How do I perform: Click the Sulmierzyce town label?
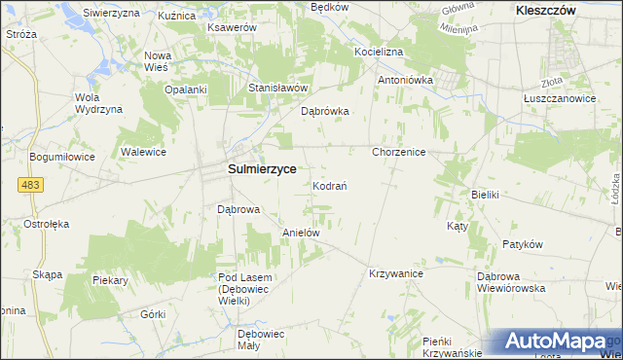[262, 168]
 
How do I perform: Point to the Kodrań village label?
[331, 186]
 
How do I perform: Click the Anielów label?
[301, 234]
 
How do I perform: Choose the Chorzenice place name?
[399, 153]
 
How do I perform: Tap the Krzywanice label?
[395, 274]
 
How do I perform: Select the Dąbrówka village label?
[325, 111]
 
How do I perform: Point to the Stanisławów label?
[278, 88]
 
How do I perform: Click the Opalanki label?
[186, 90]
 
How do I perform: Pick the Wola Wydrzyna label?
[99, 103]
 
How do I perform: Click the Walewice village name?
[143, 153]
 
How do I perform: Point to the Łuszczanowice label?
[558, 98]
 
